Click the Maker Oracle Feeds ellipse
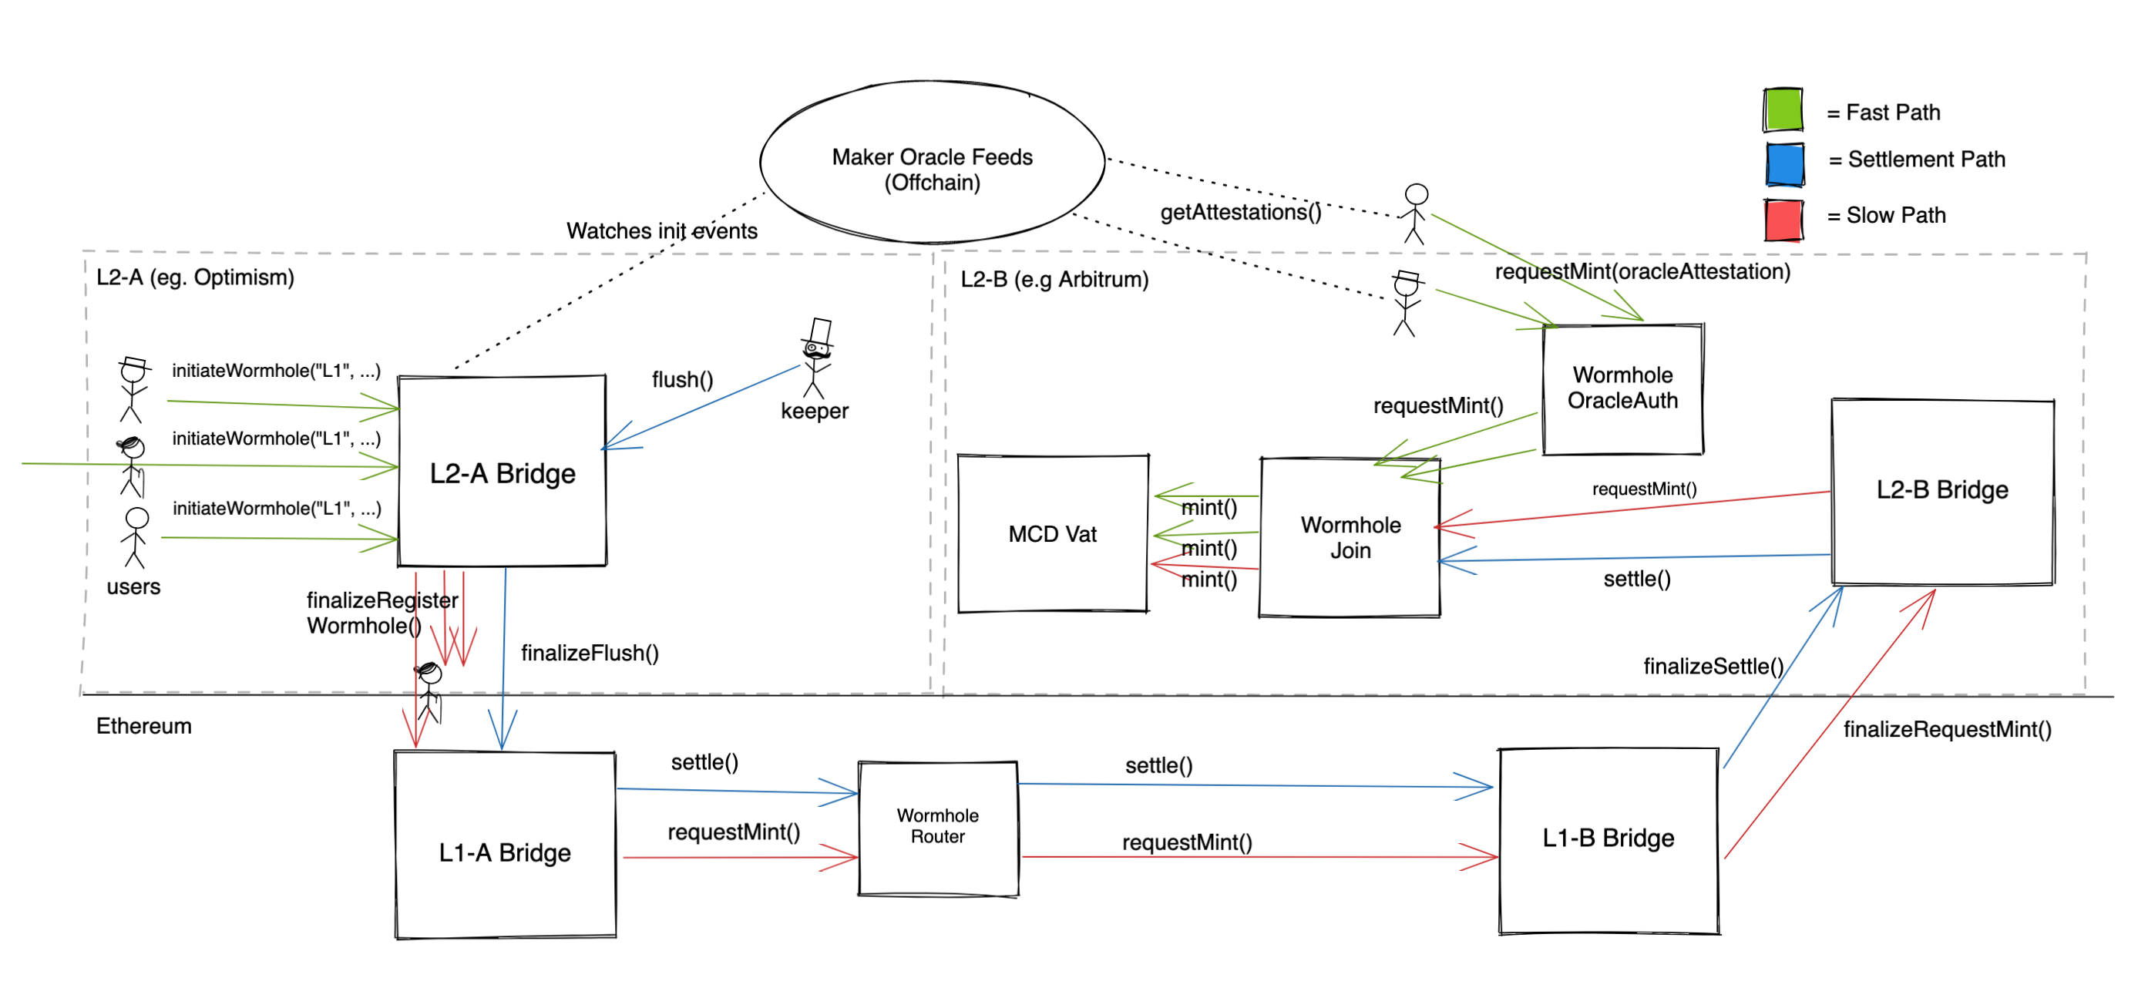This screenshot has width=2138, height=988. click(x=932, y=163)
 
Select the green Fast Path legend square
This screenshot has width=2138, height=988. click(x=1783, y=110)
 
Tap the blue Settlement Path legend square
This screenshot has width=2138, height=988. click(x=1784, y=163)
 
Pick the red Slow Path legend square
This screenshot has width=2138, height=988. click(x=1783, y=220)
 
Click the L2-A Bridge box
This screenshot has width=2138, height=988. click(x=503, y=472)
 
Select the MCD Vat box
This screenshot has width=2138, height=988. click(x=1052, y=534)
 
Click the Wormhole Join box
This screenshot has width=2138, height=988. click(x=1350, y=537)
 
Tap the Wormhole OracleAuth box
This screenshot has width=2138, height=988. click(x=1622, y=388)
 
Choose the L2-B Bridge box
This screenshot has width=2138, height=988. click(x=1942, y=491)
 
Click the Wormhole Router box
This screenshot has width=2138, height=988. click(x=938, y=827)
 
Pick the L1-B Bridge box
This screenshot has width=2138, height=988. click(x=1608, y=839)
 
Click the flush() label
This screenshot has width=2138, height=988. click(x=682, y=380)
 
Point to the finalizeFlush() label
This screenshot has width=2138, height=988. click(x=590, y=654)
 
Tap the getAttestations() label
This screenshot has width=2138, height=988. click(x=1240, y=213)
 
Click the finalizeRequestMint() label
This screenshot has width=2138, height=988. click(x=1946, y=730)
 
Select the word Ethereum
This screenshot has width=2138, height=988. click(x=143, y=727)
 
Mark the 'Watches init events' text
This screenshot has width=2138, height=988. click(x=661, y=230)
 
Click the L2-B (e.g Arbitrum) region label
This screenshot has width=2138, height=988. click(x=1054, y=280)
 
